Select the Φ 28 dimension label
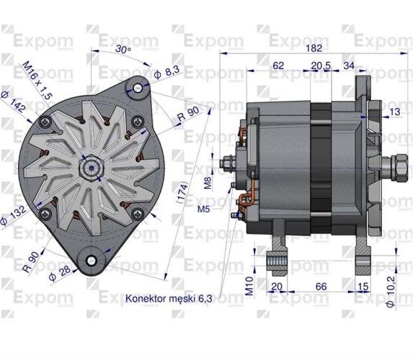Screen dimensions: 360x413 [58, 274]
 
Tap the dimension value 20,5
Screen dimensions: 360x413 [321, 66]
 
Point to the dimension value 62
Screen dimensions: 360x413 [278, 66]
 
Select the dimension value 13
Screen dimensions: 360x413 [395, 112]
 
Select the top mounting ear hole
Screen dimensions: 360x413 [136, 86]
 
